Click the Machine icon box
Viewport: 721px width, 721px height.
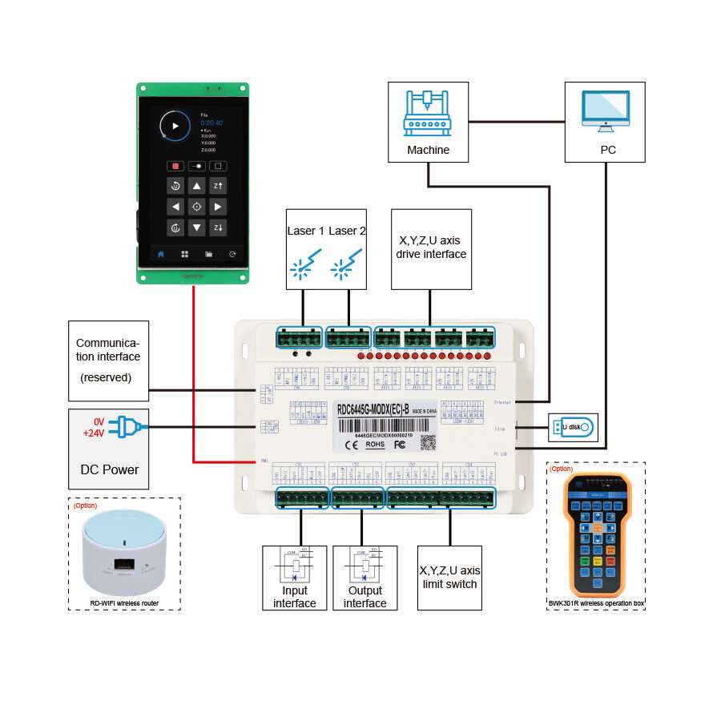[428, 121]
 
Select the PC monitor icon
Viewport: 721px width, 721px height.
[605, 111]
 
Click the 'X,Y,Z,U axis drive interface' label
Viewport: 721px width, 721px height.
[431, 247]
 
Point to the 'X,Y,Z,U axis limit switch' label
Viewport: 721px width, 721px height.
[449, 577]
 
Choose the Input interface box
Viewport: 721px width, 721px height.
[295, 578]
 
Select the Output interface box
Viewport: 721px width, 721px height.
[365, 578]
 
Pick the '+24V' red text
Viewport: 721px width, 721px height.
[94, 433]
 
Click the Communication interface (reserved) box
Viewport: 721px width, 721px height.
[108, 360]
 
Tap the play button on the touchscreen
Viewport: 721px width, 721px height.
[175, 126]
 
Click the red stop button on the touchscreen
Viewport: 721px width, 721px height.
[175, 167]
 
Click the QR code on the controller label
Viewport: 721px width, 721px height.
[429, 441]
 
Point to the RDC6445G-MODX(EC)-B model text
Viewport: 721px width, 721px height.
[373, 409]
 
